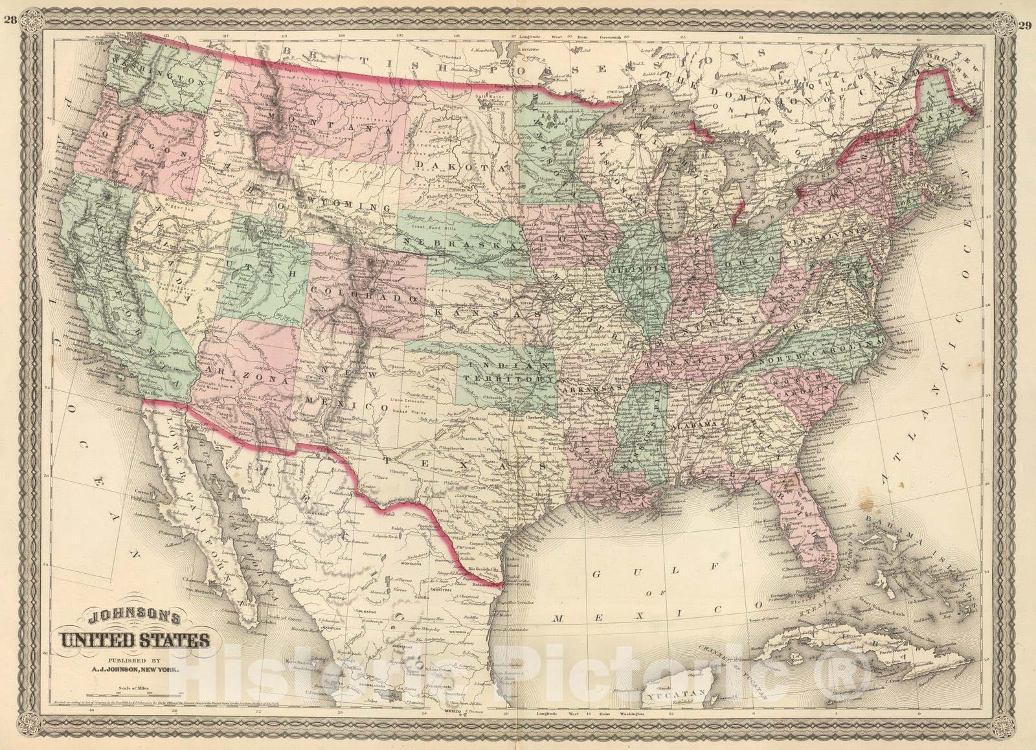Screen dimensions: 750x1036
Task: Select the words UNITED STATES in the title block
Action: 135,641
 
